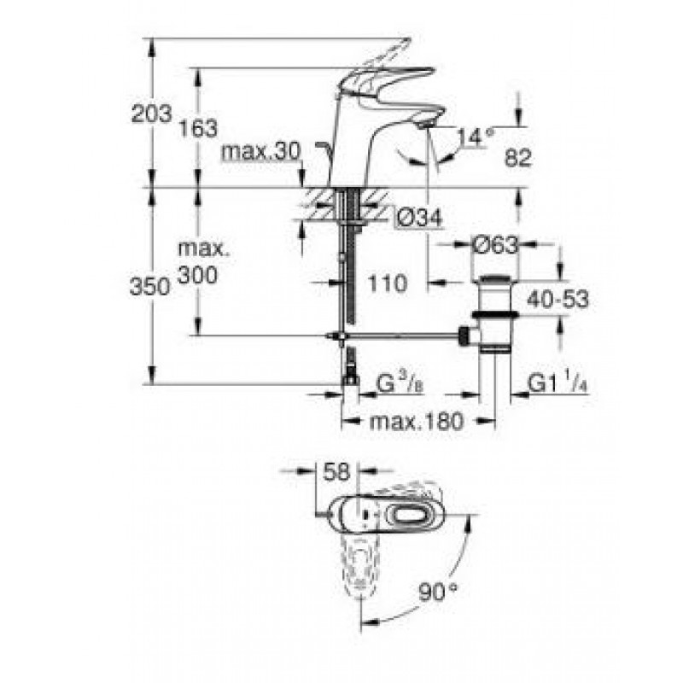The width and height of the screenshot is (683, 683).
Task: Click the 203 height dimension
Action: pyautogui.click(x=152, y=114)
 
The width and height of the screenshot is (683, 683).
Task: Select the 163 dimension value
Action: pyautogui.click(x=199, y=129)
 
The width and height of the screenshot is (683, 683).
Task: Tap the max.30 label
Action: pyautogui.click(x=261, y=152)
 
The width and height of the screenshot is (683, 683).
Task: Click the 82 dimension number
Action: pyautogui.click(x=518, y=158)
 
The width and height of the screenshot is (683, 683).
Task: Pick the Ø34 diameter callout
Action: pyautogui.click(x=418, y=218)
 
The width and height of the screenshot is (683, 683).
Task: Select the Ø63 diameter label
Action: pyautogui.click(x=496, y=245)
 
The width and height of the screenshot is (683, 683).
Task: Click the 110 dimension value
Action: pyautogui.click(x=388, y=283)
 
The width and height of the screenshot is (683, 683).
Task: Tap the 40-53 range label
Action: pyautogui.click(x=557, y=300)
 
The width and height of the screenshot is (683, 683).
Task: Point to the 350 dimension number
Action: pyautogui.click(x=149, y=287)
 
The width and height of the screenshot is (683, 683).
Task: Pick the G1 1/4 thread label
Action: pyautogui.click(x=558, y=383)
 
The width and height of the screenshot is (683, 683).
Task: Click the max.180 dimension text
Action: pyautogui.click(x=417, y=422)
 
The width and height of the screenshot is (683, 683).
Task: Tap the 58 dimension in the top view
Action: pyautogui.click(x=336, y=472)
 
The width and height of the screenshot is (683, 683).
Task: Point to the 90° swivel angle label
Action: pyautogui.click(x=438, y=593)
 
